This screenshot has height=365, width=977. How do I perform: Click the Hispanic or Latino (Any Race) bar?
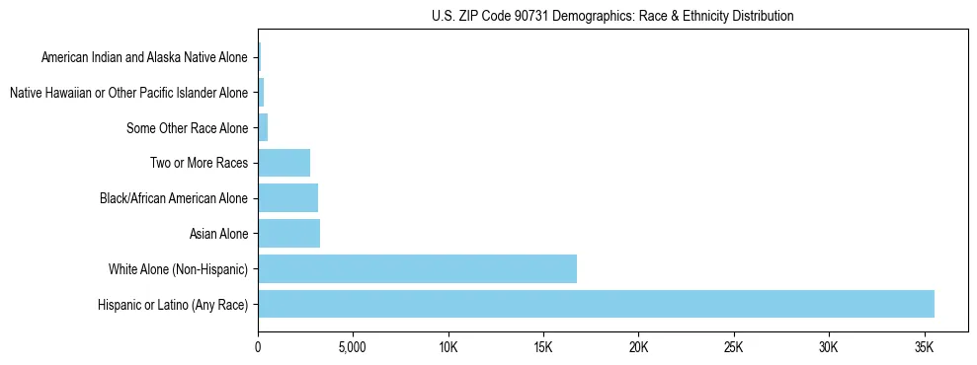pyautogui.click(x=596, y=304)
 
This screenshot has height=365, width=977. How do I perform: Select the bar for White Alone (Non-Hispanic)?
pyautogui.click(x=417, y=268)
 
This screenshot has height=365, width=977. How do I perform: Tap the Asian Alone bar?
pyautogui.click(x=288, y=233)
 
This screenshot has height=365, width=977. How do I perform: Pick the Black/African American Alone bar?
pyautogui.click(x=287, y=198)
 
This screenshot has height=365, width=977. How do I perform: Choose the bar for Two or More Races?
pyautogui.click(x=284, y=163)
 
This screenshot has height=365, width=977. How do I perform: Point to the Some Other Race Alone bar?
pyautogui.click(x=263, y=127)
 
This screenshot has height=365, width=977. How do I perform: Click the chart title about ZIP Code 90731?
pyautogui.click(x=612, y=17)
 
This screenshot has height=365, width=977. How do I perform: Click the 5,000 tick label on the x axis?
pyautogui.click(x=353, y=347)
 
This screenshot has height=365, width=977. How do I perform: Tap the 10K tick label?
pyautogui.click(x=448, y=347)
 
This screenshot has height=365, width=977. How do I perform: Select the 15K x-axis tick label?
pyautogui.click(x=542, y=347)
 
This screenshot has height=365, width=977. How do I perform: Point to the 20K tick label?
pyautogui.click(x=638, y=347)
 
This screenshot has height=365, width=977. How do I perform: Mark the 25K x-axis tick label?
pyautogui.click(x=733, y=347)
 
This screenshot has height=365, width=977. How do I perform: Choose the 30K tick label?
pyautogui.click(x=828, y=347)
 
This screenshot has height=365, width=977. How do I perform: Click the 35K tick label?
pyautogui.click(x=924, y=347)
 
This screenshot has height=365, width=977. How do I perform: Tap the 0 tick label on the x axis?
pyautogui.click(x=258, y=347)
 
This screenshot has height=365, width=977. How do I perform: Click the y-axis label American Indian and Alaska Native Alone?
pyautogui.click(x=144, y=57)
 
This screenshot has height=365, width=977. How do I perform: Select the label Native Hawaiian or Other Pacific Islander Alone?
pyautogui.click(x=128, y=93)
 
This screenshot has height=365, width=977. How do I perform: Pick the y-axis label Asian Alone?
pyautogui.click(x=218, y=234)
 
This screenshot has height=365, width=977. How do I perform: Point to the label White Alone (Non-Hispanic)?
pyautogui.click(x=178, y=269)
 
